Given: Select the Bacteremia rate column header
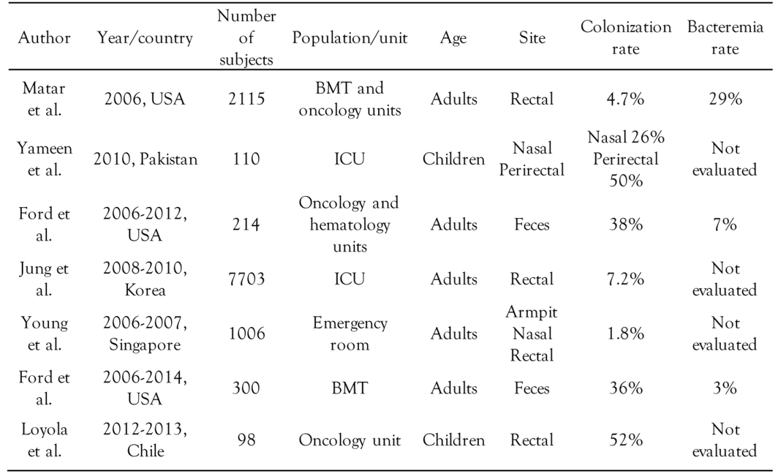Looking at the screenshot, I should click(724, 38).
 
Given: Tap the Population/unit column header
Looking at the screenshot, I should click(349, 38).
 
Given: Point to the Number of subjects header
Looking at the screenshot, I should click(246, 38).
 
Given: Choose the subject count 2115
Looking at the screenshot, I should click(246, 99).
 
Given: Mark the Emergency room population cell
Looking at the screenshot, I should click(349, 334).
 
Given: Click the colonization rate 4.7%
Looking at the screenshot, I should click(625, 99).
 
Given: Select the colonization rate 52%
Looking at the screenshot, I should click(625, 441).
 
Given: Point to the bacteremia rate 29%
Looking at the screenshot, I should click(724, 99).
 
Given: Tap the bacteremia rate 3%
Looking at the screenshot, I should click(724, 388).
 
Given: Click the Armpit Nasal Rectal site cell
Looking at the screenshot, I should click(531, 334).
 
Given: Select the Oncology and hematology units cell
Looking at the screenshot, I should click(349, 224).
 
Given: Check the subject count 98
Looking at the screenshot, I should click(246, 441).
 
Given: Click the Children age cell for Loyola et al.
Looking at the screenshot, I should click(454, 441).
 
